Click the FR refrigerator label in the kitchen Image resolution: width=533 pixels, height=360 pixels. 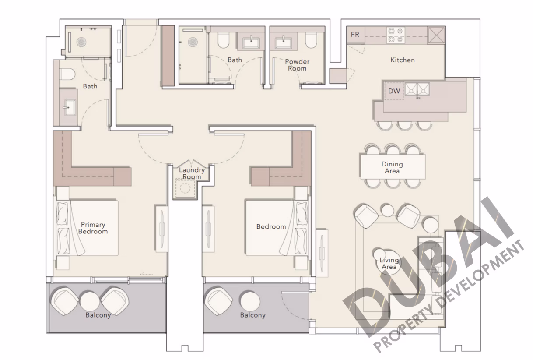click(x=355, y=35)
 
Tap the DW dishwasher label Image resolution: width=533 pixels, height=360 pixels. click(x=394, y=91)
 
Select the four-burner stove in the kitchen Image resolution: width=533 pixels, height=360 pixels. click(x=396, y=35)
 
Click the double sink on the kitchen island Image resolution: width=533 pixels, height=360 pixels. click(x=417, y=89)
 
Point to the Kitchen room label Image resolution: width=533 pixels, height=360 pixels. click(x=402, y=60)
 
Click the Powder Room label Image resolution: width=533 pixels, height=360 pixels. click(x=297, y=65)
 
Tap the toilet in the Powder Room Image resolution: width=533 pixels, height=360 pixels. click(x=311, y=40)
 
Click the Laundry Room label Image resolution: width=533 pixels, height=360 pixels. click(x=192, y=173)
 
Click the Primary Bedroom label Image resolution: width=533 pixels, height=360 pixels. click(x=93, y=228)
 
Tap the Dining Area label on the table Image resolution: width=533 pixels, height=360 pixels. click(x=392, y=167)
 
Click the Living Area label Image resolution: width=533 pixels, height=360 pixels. click(x=389, y=263)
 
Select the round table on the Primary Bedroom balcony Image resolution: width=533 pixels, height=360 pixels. click(x=90, y=301)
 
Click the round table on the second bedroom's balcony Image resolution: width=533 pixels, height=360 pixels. click(x=250, y=301)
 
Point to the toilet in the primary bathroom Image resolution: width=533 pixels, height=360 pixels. click(x=67, y=74)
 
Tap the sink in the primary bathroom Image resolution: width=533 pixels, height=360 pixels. click(x=70, y=107)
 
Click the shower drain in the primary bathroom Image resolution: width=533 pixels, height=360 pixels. click(x=81, y=42)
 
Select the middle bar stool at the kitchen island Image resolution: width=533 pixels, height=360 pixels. click(x=404, y=126)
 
